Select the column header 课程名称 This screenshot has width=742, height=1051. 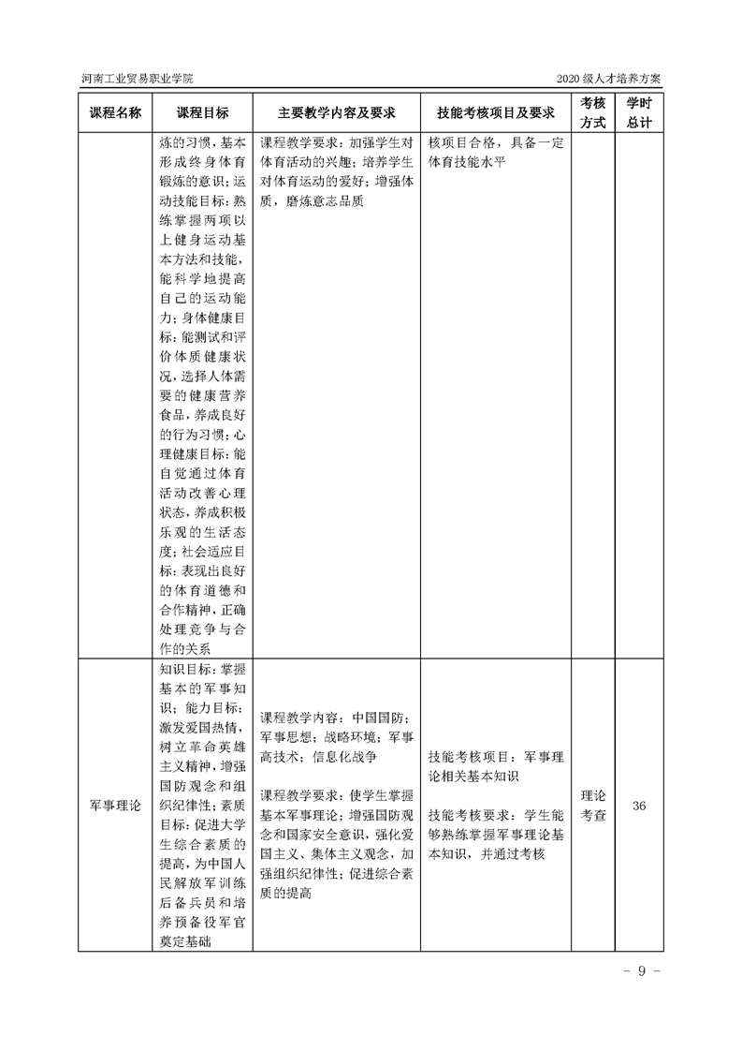[x=114, y=112]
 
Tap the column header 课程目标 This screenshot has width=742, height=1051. [x=202, y=112]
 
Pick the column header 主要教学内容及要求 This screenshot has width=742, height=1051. [x=336, y=112]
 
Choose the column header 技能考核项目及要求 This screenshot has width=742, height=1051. [x=496, y=112]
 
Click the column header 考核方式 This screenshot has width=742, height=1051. [x=593, y=112]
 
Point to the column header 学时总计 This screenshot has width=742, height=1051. [x=640, y=112]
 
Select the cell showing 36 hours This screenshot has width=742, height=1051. [x=640, y=806]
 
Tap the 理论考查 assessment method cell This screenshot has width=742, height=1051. [x=593, y=806]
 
